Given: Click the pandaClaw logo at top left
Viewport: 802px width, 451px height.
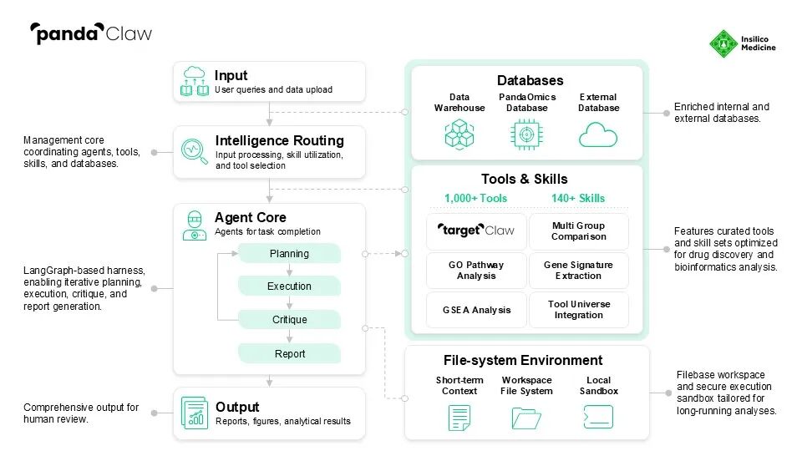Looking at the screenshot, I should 91,33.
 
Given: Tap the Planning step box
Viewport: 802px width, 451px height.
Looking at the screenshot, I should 289,254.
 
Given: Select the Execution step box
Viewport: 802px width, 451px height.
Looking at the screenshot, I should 289,286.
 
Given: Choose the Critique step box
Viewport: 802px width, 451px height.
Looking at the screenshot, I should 289,320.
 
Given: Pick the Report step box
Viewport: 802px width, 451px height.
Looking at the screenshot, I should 289,354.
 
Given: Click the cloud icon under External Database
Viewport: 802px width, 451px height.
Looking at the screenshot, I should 598,134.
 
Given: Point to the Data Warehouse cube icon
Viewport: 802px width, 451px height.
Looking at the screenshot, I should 459,134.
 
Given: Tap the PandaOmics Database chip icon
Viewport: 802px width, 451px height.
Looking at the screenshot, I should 527,134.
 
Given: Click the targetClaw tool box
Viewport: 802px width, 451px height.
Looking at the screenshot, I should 476,231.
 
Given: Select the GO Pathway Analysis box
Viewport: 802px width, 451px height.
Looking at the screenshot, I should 476,271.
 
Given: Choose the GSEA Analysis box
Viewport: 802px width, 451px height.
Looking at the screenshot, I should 476,310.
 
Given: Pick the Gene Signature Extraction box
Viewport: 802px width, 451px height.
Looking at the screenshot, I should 578,271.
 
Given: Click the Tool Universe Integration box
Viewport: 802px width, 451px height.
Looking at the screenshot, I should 578,310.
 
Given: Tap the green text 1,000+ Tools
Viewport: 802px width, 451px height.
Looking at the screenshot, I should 475,199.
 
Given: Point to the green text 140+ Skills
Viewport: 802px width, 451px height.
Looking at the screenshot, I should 578,199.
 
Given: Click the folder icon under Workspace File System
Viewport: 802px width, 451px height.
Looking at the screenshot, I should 526,417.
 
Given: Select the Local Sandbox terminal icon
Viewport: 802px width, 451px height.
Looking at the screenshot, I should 598,417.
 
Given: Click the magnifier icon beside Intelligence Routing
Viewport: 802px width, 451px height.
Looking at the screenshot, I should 194,151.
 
